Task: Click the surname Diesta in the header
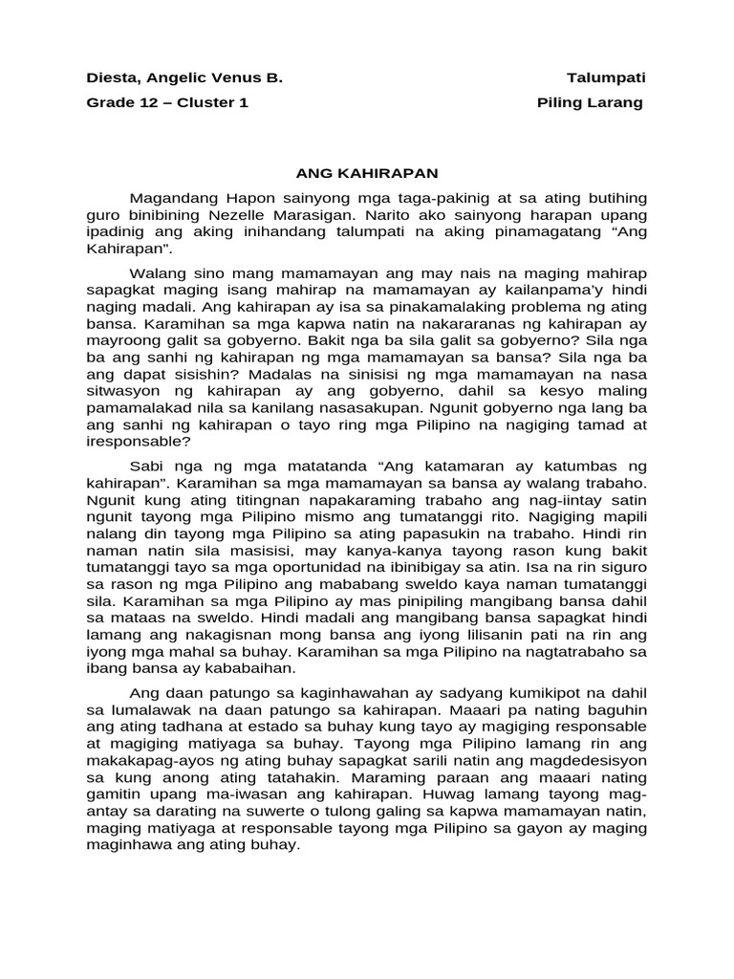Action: tap(112, 77)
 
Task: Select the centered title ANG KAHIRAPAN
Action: tap(366, 173)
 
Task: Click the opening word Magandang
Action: tap(174, 198)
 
